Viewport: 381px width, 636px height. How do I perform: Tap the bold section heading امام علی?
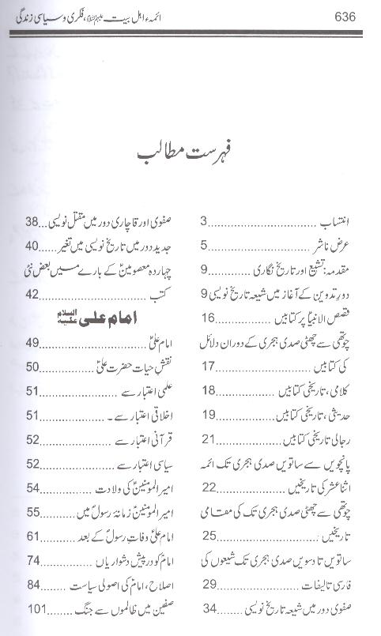pos(98,319)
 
